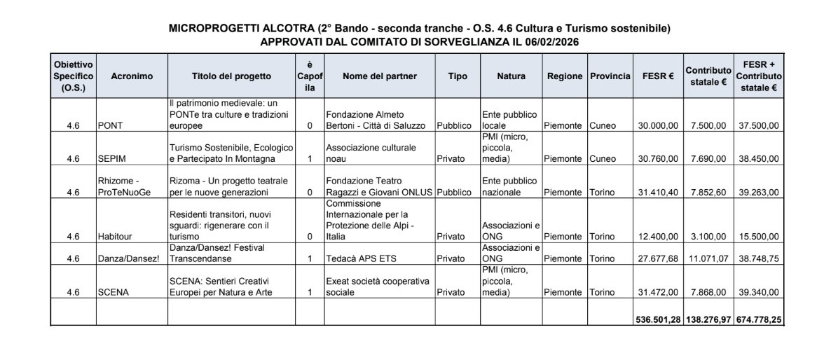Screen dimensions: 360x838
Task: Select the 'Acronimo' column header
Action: (x=131, y=76)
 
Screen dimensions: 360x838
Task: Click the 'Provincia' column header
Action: (x=610, y=76)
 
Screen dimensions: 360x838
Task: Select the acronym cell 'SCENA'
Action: (x=114, y=292)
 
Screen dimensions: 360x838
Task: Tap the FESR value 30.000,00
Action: (x=657, y=126)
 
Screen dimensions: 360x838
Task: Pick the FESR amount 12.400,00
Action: (x=657, y=236)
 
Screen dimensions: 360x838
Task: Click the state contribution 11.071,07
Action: (x=707, y=258)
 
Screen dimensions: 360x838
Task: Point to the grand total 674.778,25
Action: (x=759, y=319)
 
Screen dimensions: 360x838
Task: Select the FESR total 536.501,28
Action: (x=657, y=319)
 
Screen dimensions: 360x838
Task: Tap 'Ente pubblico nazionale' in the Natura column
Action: (x=509, y=186)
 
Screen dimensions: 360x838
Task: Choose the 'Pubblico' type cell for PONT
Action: (x=454, y=126)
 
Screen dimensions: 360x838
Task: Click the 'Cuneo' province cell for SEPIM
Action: (x=603, y=159)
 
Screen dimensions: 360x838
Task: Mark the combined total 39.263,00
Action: (x=760, y=192)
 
